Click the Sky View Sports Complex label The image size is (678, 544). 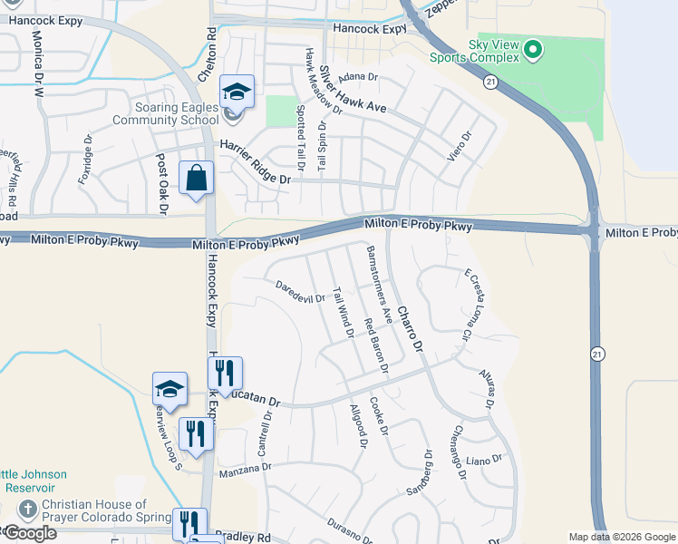click(493, 51)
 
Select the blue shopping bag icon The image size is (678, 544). click(196, 179)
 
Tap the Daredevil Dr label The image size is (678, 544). click(300, 292)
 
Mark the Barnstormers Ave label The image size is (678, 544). click(379, 284)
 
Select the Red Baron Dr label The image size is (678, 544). click(375, 346)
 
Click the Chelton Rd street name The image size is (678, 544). click(212, 44)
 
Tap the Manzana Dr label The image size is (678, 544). click(245, 469)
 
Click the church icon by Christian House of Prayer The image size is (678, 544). click(28, 508)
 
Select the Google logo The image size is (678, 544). click(29, 533)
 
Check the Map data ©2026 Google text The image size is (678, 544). click(623, 537)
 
